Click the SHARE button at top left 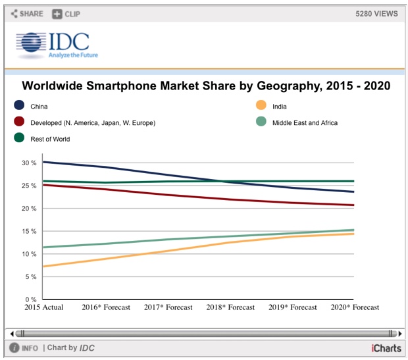(x=27, y=14)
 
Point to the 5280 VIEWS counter (x=376, y=14)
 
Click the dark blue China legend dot (x=19, y=106)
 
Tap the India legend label (x=279, y=106)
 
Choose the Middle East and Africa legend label (x=305, y=122)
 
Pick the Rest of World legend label (x=50, y=139)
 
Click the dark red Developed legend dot (x=19, y=122)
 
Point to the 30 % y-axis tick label (x=29, y=163)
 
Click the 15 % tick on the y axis (x=29, y=231)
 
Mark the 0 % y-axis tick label (x=31, y=299)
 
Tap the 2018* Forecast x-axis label (x=230, y=307)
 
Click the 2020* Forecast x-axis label (x=355, y=307)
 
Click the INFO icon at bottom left (x=14, y=347)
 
